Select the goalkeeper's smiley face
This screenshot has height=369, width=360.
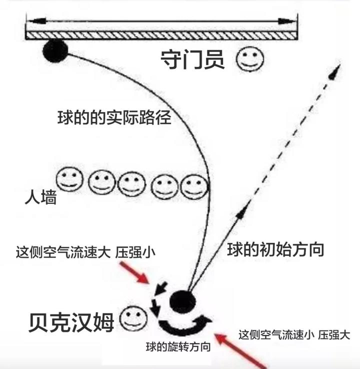pos(249,59)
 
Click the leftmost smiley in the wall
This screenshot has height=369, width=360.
pos(69,179)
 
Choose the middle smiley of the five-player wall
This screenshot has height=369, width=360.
pos(132,184)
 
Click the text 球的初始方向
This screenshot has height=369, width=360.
pos(275,248)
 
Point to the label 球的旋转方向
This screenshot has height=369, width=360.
pos(177,346)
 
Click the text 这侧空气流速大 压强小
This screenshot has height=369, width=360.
pos(85,252)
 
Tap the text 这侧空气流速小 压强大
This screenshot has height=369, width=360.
pos(293,334)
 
